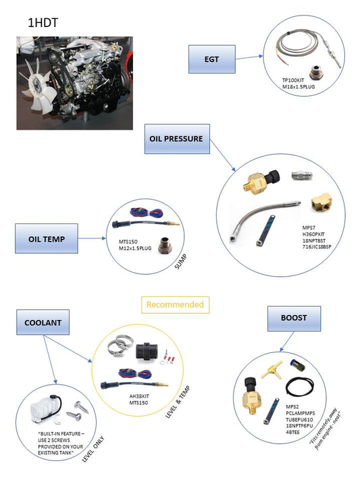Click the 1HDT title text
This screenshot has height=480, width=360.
(x=42, y=22)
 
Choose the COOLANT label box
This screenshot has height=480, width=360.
(x=43, y=323)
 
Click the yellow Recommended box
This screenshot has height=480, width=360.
(x=176, y=304)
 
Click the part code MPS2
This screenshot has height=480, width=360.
(x=292, y=406)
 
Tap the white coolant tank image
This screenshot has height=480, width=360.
(x=44, y=407)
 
